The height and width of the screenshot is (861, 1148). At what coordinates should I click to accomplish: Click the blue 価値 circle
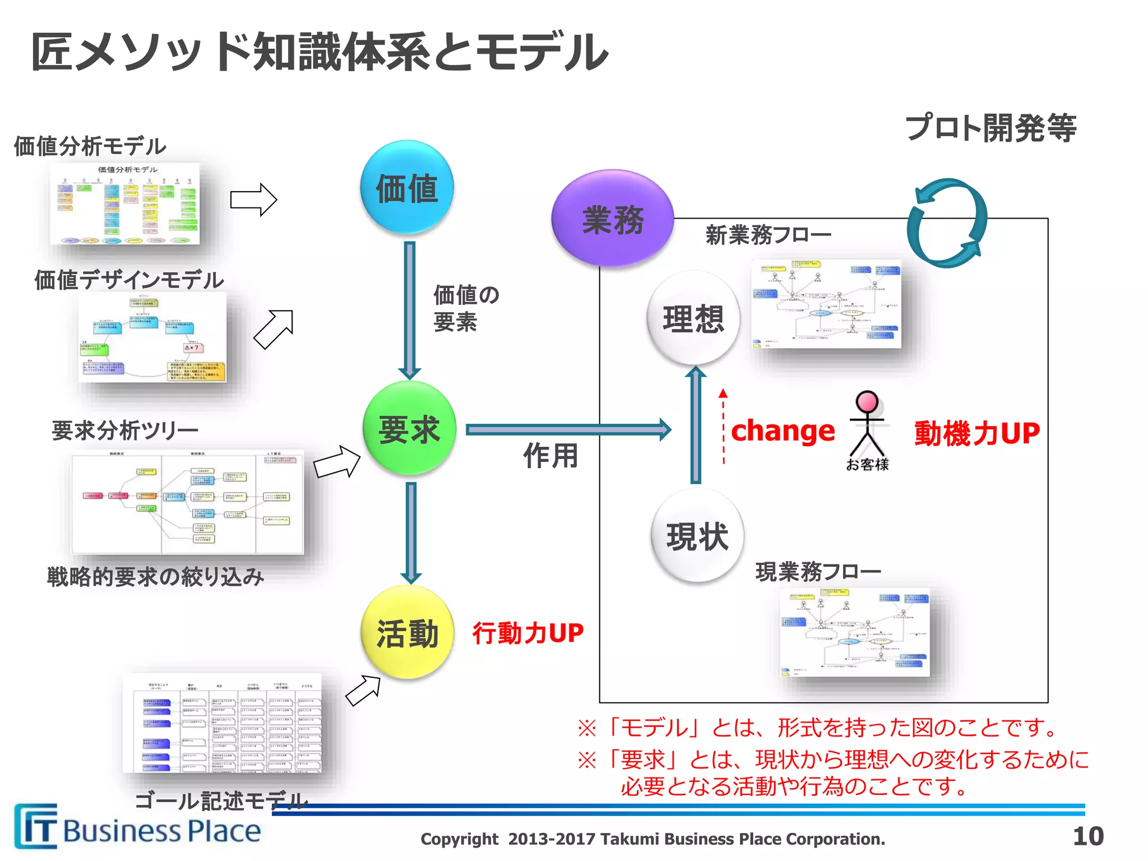coord(407,188)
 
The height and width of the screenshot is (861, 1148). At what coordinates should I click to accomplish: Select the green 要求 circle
coord(409,429)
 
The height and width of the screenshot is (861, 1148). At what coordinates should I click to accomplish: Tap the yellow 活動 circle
coord(407,633)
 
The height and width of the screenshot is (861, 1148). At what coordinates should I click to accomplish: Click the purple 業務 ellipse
coord(613,219)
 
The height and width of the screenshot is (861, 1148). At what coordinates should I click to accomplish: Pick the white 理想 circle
coord(693,318)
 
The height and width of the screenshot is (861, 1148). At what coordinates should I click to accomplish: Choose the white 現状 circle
coord(697,536)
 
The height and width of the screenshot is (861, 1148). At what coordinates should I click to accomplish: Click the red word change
coord(783,431)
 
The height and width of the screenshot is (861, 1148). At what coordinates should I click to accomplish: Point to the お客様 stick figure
coord(867,426)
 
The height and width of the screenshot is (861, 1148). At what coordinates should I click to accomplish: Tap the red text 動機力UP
coord(977,433)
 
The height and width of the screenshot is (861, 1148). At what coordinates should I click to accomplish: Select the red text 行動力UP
coord(527,633)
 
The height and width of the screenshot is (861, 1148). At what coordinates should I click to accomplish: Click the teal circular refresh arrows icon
coord(947,223)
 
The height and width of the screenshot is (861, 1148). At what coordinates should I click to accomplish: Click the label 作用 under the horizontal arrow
coord(550,455)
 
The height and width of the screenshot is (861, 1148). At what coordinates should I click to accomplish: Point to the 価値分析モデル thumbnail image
coord(124,204)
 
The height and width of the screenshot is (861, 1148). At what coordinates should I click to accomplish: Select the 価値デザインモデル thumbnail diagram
coord(152,337)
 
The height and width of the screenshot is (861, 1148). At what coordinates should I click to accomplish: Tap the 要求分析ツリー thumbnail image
coord(188,502)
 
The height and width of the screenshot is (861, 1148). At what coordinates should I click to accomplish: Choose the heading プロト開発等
coord(990,128)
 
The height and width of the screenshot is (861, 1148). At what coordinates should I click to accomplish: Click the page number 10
coord(1087,836)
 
